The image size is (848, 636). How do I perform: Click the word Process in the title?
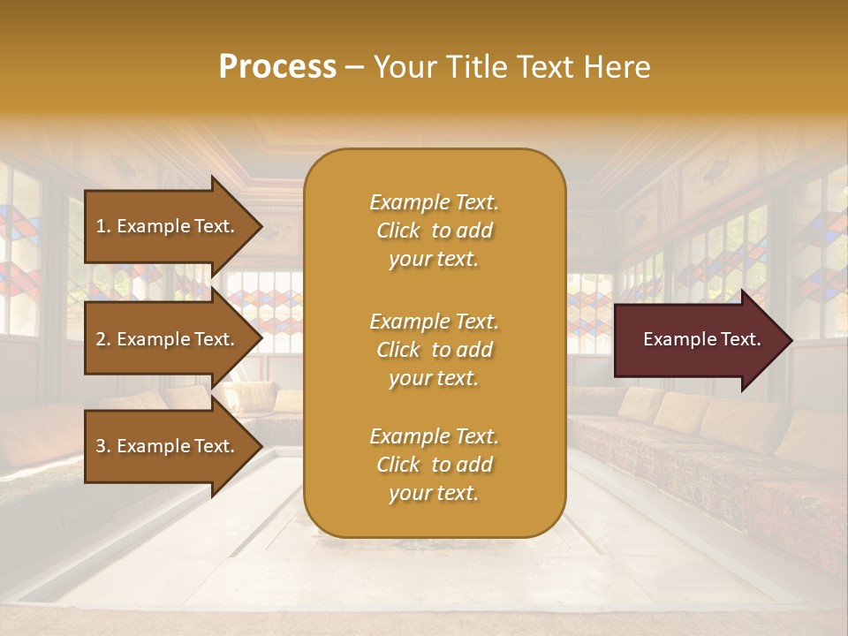tap(277, 67)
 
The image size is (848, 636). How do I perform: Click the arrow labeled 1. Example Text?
tap(168, 226)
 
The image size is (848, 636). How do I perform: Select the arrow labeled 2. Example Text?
tap(168, 339)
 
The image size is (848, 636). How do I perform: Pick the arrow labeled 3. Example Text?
tap(168, 446)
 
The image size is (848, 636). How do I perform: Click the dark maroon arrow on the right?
tap(698, 340)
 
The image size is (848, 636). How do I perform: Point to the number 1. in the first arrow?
tap(103, 226)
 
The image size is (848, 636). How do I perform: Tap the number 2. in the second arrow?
tap(103, 339)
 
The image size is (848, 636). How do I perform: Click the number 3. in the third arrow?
tap(103, 446)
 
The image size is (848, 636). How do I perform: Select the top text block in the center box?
tap(434, 231)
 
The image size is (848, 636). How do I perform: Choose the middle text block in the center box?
tap(434, 350)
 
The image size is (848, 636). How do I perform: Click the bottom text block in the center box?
tap(434, 465)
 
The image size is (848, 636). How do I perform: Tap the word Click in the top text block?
tap(398, 231)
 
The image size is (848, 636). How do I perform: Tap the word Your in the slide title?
tap(403, 67)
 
